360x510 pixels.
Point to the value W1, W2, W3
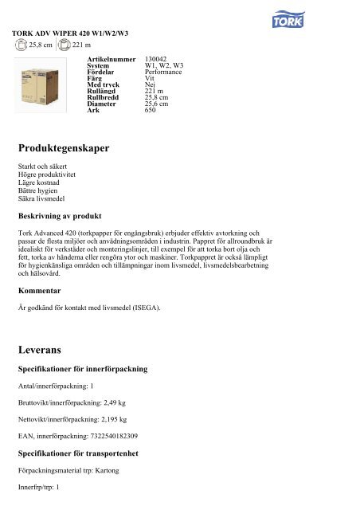[x=165, y=66]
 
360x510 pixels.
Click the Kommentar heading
[x=45, y=291]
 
